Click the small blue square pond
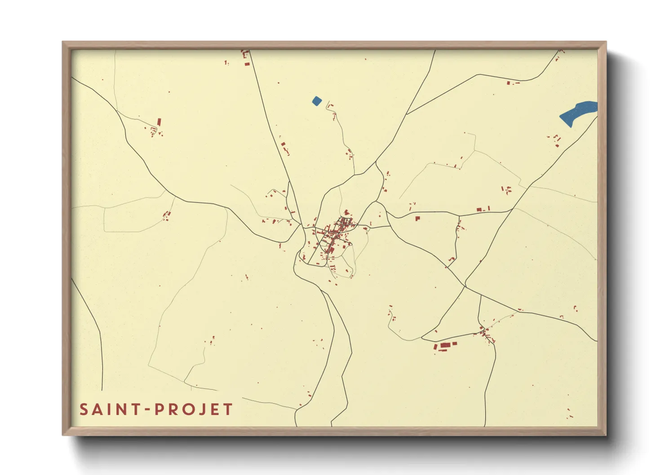(317, 101)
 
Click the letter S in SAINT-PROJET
(84, 409)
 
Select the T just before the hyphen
(134, 409)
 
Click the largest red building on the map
(445, 346)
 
